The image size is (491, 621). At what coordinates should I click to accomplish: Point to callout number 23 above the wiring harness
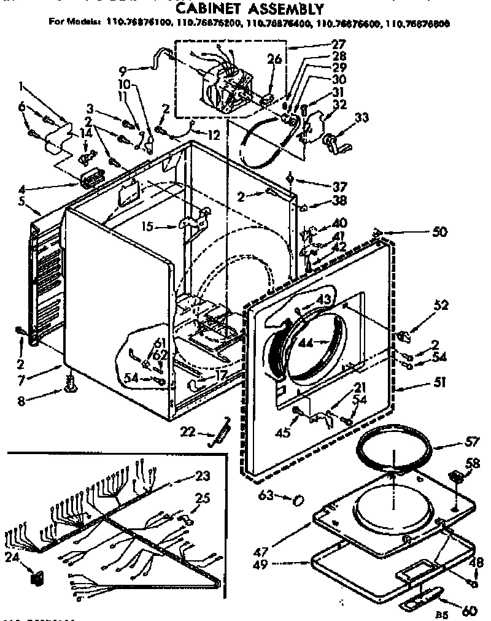(203, 474)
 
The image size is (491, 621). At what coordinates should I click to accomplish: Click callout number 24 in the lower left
(11, 557)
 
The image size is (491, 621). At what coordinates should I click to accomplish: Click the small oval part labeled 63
(298, 500)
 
